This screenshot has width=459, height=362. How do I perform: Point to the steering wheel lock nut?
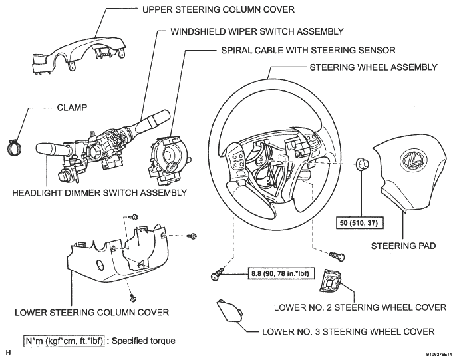[362, 163]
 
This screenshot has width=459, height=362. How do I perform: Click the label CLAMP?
[72, 108]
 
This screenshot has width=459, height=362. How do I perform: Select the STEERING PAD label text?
[403, 246]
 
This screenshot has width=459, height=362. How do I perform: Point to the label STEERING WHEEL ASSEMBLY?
[374, 67]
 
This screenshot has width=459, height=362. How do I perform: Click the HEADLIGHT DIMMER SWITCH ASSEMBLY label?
[100, 193]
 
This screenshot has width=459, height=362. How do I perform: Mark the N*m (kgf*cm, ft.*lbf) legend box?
[64, 341]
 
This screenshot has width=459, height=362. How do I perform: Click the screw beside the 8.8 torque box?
[218, 274]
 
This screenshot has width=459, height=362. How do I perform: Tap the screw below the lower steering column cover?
[134, 297]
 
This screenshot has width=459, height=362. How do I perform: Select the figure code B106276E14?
[440, 355]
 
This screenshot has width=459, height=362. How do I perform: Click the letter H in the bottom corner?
[8, 353]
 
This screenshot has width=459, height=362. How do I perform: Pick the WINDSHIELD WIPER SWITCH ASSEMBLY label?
[257, 31]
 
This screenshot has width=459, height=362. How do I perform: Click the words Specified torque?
[144, 341]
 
